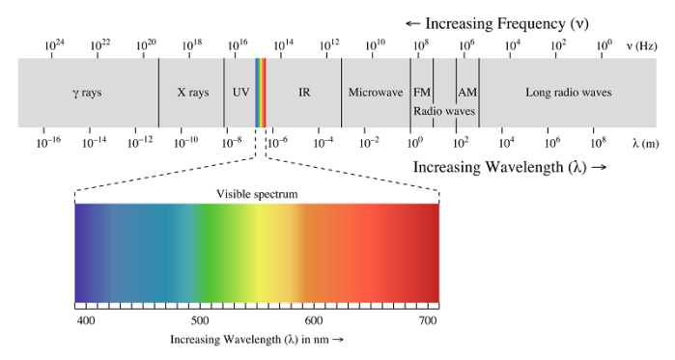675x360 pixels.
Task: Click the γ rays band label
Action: pos(88,93)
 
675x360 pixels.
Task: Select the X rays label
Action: pos(192,93)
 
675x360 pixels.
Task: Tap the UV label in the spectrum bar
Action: pos(240,93)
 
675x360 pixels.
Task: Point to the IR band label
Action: pos(304,93)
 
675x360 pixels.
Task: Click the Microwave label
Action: pos(375,93)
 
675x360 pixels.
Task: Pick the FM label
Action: pos(422,93)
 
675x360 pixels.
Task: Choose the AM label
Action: pos(467,93)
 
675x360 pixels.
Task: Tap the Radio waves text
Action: pos(444,111)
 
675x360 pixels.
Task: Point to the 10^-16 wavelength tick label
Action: pos(48,142)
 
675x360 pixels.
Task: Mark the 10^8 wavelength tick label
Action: pos(598,142)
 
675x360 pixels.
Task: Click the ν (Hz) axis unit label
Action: pos(642,45)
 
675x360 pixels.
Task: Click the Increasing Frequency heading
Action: pos(496,22)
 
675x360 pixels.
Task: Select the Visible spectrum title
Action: pos(257,194)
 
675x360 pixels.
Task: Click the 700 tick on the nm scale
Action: pos(426,319)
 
